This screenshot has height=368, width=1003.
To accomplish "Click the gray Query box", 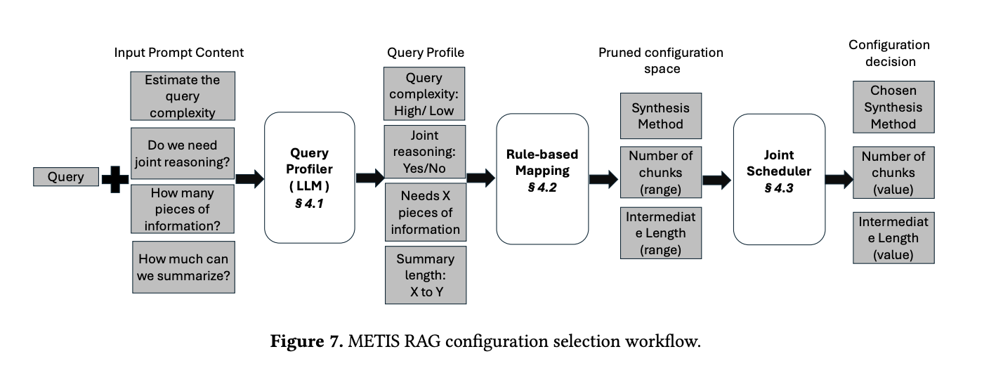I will (x=65, y=177).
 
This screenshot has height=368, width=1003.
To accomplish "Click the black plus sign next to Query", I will (x=114, y=178).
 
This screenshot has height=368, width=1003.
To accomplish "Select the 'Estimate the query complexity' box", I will (x=183, y=96).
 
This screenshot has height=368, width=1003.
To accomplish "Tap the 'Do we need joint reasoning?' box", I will (x=183, y=153).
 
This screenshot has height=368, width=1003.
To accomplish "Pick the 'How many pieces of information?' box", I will (x=183, y=209).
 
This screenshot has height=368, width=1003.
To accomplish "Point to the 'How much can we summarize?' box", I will (x=183, y=268).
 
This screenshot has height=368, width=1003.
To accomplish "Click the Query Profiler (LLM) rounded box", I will (x=309, y=178).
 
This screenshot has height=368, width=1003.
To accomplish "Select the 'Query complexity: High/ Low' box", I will (x=424, y=95).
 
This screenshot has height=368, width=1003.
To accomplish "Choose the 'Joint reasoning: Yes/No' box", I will (x=424, y=152).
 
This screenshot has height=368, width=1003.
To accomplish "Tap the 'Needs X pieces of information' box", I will (x=425, y=212).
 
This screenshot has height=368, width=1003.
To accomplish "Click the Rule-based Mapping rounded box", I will (x=542, y=178).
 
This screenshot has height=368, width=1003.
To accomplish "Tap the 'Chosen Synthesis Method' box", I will (x=893, y=107).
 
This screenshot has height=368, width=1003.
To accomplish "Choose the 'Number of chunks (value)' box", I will (x=893, y=173).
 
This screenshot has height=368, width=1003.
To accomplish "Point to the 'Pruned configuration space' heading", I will (x=660, y=60).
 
